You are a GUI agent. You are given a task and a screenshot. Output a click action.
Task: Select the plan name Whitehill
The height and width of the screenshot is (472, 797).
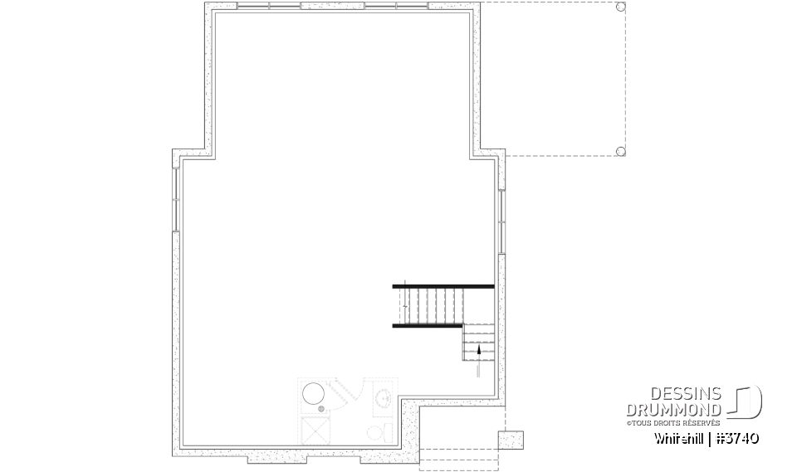click(x=680, y=437)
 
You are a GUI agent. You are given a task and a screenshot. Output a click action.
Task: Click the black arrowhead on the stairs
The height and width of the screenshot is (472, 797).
click(x=478, y=351)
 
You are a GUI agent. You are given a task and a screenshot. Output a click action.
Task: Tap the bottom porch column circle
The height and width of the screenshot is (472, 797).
click(x=620, y=151)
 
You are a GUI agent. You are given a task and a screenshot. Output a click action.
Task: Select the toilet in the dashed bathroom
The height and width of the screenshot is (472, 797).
click(x=375, y=432)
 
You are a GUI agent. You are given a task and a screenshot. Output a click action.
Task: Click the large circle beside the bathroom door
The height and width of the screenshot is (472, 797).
click(x=313, y=394)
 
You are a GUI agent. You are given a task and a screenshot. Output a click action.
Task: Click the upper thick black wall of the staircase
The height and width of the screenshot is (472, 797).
click(x=443, y=286)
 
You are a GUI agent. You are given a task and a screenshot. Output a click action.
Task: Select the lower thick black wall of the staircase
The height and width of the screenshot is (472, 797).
click(x=427, y=326)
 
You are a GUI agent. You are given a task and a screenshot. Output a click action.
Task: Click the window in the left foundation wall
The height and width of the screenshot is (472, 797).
click(x=176, y=198)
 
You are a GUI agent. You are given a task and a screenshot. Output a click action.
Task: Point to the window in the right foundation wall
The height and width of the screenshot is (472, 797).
click(x=501, y=217)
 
